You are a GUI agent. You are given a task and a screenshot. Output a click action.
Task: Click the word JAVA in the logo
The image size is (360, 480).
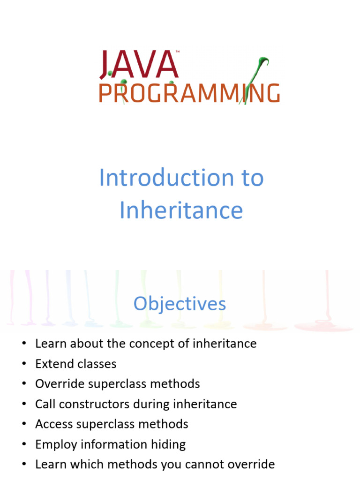(139, 65)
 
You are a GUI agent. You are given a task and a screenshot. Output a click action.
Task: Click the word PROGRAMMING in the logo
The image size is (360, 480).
(189, 93)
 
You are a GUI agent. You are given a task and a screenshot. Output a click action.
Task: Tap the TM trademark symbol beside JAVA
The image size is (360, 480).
(177, 52)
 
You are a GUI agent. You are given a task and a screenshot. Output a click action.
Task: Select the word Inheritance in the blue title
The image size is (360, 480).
(181, 210)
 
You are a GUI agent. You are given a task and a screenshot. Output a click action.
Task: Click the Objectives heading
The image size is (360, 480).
(180, 304)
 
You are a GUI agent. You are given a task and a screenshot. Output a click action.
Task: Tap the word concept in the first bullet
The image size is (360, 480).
(148, 344)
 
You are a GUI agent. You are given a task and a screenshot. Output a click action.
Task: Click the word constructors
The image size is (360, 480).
(98, 404)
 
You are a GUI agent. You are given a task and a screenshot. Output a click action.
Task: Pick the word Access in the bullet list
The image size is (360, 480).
(51, 424)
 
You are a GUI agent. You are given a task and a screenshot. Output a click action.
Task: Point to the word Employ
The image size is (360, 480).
(52, 444)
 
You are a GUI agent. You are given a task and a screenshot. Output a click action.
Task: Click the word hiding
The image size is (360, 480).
(168, 444)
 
